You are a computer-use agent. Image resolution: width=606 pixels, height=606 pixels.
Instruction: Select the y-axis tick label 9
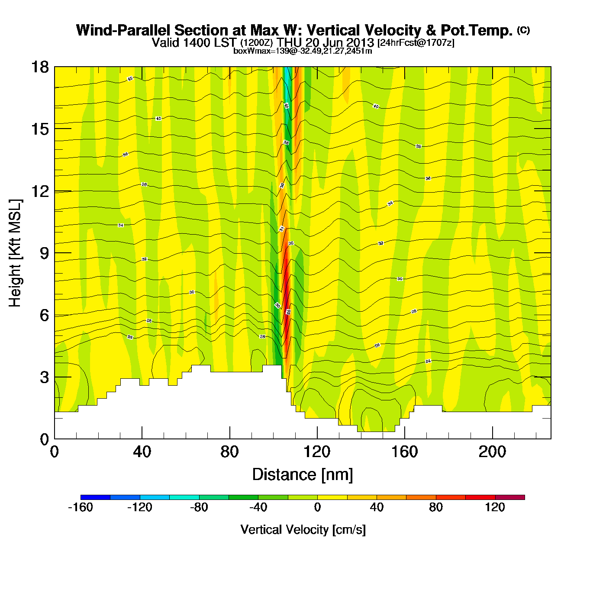(44, 253)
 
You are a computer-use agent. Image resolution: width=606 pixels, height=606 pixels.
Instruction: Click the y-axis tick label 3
(44, 377)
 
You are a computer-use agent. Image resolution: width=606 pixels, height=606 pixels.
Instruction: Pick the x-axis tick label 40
(142, 452)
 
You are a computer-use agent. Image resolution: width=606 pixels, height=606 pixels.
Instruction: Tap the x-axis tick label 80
(229, 452)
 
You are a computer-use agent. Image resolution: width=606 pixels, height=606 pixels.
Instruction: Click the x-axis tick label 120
(317, 452)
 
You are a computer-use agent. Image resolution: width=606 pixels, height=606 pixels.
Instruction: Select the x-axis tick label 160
(405, 452)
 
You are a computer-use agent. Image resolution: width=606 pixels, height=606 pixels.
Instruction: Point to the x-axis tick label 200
(492, 452)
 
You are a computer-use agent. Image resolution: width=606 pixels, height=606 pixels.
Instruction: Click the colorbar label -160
(81, 507)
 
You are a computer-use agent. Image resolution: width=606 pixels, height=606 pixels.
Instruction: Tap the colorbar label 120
(495, 507)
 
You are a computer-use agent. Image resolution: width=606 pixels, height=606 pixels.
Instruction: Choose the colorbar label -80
(199, 507)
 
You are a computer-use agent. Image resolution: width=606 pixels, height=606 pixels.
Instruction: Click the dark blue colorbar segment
(95, 497)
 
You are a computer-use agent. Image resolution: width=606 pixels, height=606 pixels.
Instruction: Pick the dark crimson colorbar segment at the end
(510, 497)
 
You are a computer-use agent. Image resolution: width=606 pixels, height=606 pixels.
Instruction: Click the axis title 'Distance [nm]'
(303, 475)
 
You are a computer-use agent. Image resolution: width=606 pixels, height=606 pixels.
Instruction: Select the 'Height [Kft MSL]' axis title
(15, 253)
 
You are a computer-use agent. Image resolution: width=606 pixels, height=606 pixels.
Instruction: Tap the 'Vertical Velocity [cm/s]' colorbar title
(303, 529)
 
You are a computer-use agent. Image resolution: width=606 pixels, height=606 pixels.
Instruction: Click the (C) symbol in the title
(523, 30)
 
